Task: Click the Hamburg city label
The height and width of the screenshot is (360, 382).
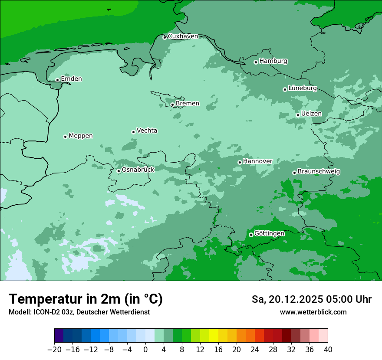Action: click(x=273, y=61)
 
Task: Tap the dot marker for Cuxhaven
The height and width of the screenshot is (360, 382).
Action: click(x=165, y=37)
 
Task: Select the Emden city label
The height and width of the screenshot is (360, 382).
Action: click(x=71, y=79)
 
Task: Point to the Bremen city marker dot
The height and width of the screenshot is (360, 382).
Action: click(x=172, y=105)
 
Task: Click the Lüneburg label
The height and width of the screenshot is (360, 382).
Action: click(x=303, y=88)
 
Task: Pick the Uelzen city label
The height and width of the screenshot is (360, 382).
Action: click(x=311, y=114)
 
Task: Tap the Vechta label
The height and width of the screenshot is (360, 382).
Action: click(x=147, y=131)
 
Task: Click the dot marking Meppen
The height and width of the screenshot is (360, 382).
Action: click(x=65, y=137)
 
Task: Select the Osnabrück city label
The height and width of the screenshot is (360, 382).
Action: click(x=138, y=170)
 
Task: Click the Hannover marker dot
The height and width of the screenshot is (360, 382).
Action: click(x=240, y=162)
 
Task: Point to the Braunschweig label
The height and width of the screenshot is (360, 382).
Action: click(x=319, y=171)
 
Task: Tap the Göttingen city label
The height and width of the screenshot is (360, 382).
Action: click(x=269, y=233)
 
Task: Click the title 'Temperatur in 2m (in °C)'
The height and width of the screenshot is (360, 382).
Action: click(x=86, y=299)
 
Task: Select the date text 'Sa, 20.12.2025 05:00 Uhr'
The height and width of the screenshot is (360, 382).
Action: click(x=311, y=299)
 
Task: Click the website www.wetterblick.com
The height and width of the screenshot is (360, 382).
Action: click(x=313, y=312)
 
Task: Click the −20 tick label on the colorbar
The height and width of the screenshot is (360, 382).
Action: click(x=54, y=350)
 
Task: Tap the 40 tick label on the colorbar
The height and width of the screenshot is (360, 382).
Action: click(x=328, y=350)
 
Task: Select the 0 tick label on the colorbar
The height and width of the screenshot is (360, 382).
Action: click(x=145, y=350)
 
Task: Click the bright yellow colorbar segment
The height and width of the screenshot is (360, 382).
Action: click(x=214, y=336)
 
